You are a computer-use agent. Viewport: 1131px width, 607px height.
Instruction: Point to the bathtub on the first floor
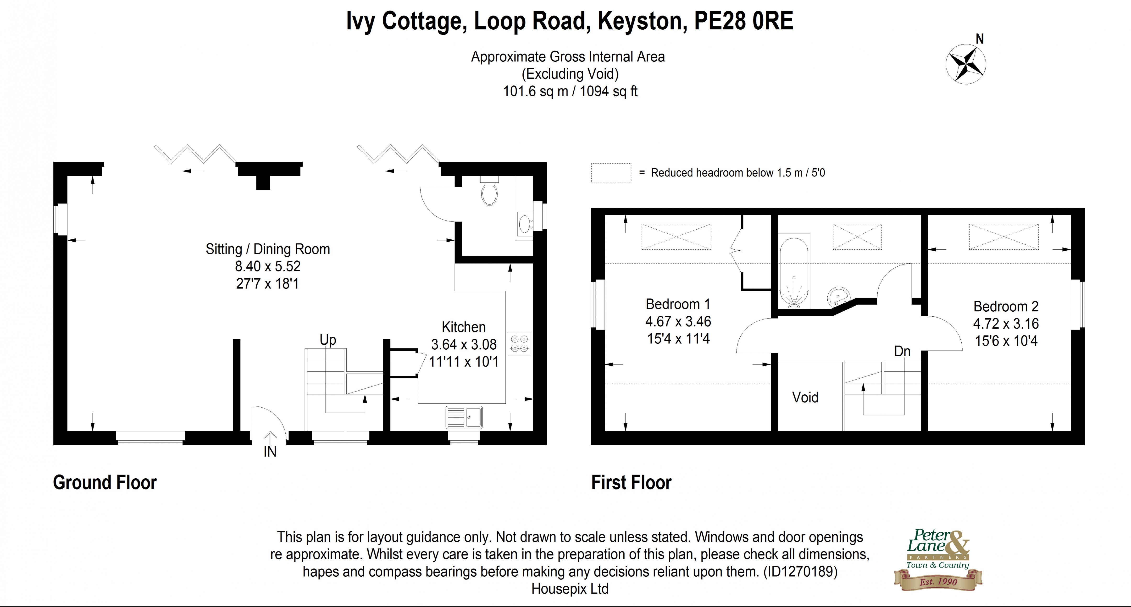794,272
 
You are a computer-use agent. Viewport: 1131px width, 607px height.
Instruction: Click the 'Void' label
805,397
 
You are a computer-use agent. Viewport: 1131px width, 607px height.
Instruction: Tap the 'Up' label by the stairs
327,340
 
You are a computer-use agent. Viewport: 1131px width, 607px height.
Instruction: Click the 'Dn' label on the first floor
902,351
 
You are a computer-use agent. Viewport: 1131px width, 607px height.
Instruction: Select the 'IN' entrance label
270,452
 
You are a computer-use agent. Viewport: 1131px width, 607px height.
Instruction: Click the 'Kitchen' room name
464,327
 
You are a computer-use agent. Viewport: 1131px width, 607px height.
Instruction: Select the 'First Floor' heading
631,482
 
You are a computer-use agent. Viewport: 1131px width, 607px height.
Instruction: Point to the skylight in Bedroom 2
1004,237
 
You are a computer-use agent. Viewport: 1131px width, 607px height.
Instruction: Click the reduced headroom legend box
611,172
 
